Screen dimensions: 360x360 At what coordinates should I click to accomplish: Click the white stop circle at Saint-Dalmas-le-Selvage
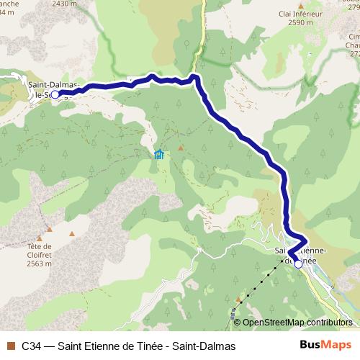coord(55,94)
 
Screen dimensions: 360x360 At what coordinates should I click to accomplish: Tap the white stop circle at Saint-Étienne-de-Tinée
coord(298,264)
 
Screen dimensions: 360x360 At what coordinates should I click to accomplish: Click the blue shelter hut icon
coord(159,153)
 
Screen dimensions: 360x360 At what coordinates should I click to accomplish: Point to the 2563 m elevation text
coord(41,264)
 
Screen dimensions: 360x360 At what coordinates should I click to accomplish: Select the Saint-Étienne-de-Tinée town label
coord(302,256)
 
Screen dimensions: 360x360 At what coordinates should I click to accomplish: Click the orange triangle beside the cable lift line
coord(238,298)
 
